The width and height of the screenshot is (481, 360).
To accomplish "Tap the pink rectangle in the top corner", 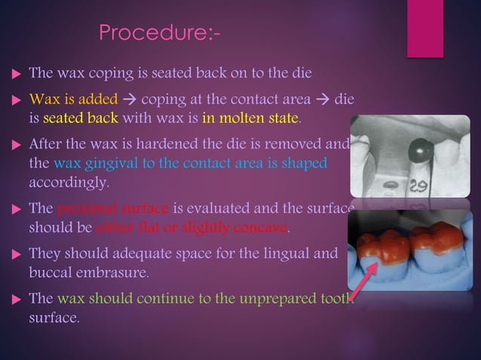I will point(424,27).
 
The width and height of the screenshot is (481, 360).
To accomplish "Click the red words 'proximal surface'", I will point(114,209).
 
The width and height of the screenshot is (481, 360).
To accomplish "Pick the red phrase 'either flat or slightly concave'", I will point(191,227).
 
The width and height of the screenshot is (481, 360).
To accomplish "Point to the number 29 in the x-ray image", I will point(419,183).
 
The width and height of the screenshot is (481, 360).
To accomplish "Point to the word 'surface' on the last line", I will point(52,317).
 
